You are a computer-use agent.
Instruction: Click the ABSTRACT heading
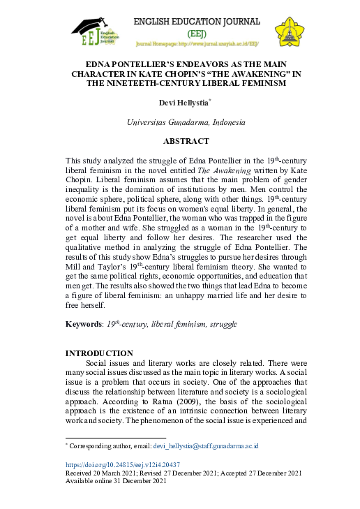186,140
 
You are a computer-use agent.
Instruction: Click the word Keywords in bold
82,325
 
